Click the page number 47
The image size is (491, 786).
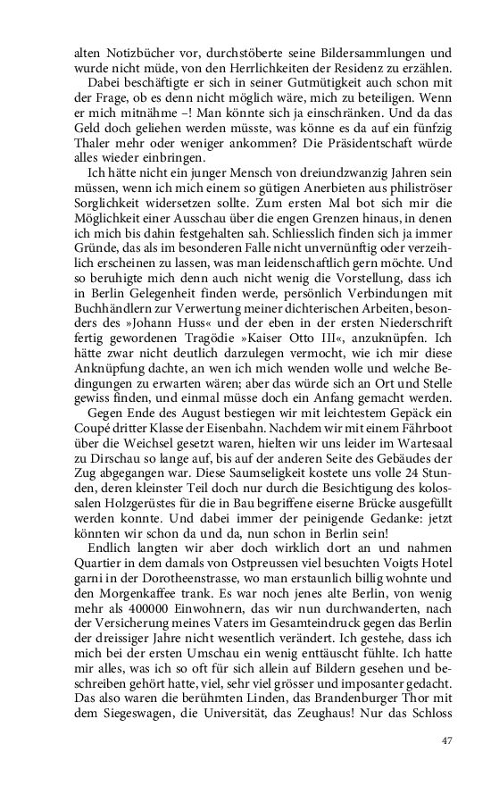(x=448, y=740)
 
